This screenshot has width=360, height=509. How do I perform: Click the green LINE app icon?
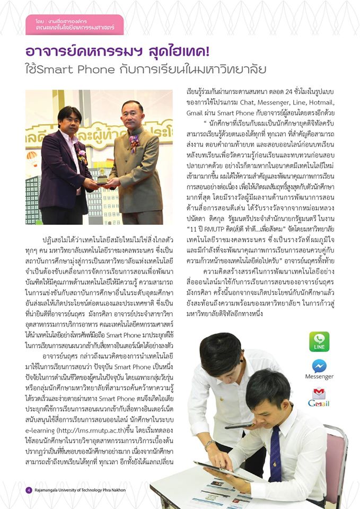pos(319,341)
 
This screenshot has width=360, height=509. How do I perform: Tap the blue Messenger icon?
pos(319,366)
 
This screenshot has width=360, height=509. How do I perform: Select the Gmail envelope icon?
pos(319,394)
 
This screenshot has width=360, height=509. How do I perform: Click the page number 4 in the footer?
pos(29,489)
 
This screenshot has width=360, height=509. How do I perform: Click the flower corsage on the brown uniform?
pos(135,140)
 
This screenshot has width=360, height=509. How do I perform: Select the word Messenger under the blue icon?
pos(319,376)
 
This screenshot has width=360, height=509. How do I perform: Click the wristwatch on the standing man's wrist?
pos(210,443)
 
